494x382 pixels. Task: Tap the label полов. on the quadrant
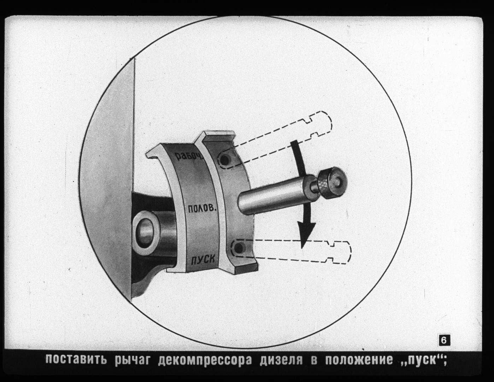(201, 208)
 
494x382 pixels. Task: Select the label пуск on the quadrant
(202, 259)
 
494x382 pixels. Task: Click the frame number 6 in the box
(444, 347)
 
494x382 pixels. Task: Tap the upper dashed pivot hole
(225, 160)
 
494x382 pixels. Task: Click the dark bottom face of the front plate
(247, 269)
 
